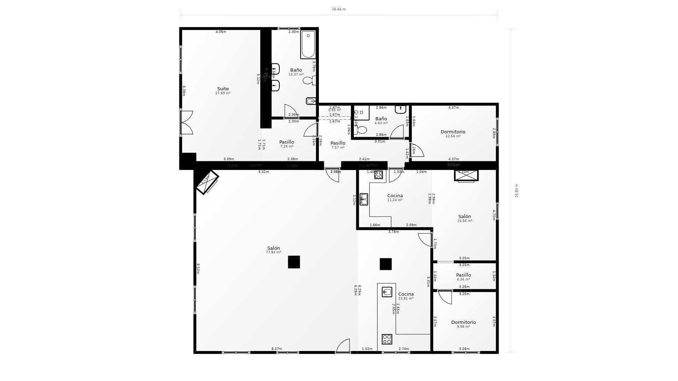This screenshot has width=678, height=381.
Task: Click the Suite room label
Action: tap(223, 89)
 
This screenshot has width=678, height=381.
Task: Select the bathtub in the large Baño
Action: tap(308, 44)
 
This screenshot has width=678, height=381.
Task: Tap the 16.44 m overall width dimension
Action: tap(338, 9)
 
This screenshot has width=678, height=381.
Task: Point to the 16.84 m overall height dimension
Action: tap(516, 190)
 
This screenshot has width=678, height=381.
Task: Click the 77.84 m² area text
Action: tap(273, 253)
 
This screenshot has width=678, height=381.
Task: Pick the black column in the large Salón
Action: tap(294, 262)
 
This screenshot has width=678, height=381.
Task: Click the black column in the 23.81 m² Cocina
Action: tap(386, 264)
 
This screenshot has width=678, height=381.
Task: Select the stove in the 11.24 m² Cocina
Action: tap(379, 175)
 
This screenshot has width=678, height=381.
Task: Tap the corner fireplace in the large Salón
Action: tap(207, 182)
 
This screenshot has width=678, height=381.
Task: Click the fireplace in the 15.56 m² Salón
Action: tap(466, 175)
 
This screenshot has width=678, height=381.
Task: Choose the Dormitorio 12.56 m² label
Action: tap(453, 132)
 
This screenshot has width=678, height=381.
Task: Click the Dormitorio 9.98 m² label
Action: tap(463, 322)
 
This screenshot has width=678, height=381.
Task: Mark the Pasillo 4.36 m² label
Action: tap(463, 275)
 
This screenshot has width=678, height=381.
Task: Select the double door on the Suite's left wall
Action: tap(186, 122)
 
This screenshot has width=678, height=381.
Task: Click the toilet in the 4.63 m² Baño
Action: tap(361, 130)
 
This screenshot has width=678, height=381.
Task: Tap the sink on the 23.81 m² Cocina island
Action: tap(387, 292)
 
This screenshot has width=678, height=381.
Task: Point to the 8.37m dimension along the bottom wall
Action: tap(276, 349)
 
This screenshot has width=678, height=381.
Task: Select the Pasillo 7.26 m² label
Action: tap(286, 142)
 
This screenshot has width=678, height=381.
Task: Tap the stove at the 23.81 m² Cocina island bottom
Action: tap(387, 339)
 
